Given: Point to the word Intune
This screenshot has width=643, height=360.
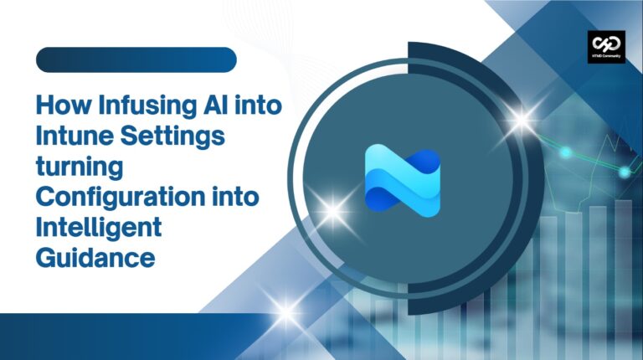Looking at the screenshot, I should click(73, 137).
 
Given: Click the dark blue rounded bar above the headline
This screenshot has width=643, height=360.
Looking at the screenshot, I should click(136, 60).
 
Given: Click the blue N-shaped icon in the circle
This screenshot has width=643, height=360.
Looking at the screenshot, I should click(403, 178).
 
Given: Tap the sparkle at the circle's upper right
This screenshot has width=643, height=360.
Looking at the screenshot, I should click(521, 121).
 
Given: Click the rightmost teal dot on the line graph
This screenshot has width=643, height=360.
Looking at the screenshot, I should click(625, 172).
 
